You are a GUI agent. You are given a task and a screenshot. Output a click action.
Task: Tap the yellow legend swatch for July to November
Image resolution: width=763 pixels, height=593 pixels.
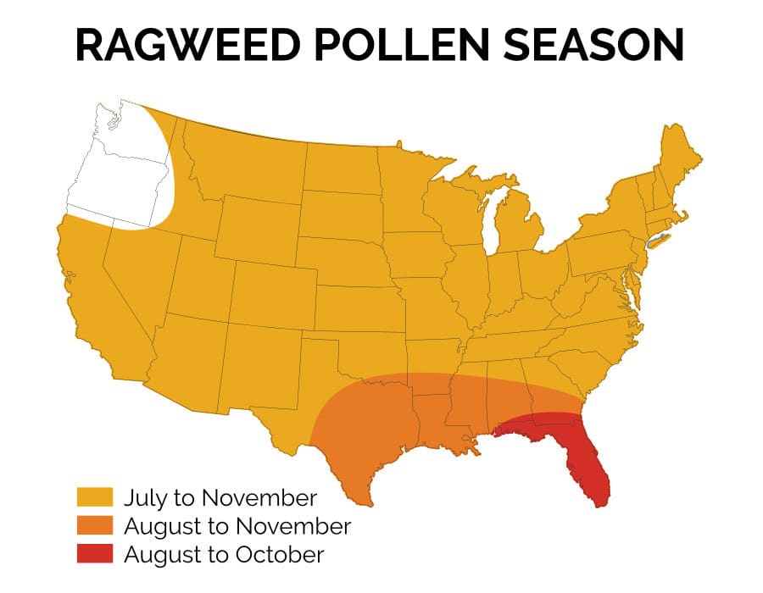coord(95,497)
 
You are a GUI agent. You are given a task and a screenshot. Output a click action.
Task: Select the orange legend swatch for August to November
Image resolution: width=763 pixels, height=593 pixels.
coord(95,526)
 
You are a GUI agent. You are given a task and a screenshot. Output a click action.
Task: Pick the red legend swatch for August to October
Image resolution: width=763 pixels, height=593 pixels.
coord(95,555)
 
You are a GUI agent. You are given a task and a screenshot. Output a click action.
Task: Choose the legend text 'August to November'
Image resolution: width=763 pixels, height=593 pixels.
coord(237,526)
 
